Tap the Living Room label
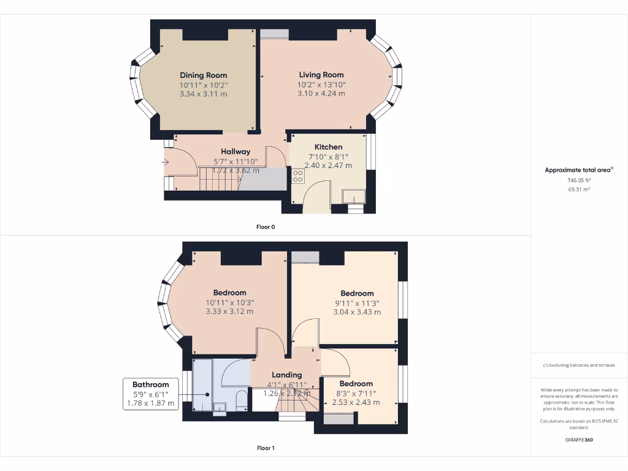[x=321, y=75]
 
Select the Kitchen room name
[x=328, y=147]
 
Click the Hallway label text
[x=235, y=151]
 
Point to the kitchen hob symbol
[x=298, y=176]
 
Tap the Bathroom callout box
[x=150, y=394]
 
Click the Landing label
[x=286, y=375]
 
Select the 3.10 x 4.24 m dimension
[x=321, y=94]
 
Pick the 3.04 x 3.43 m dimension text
[x=356, y=312]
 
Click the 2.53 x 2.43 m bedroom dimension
[x=356, y=402]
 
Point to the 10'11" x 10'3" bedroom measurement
[x=229, y=302]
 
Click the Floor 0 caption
[x=266, y=227]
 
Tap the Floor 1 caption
[x=266, y=448]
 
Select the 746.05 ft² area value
[x=579, y=181]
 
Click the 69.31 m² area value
[x=579, y=190]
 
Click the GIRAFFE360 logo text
[x=579, y=440]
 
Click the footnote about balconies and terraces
[x=579, y=365]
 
